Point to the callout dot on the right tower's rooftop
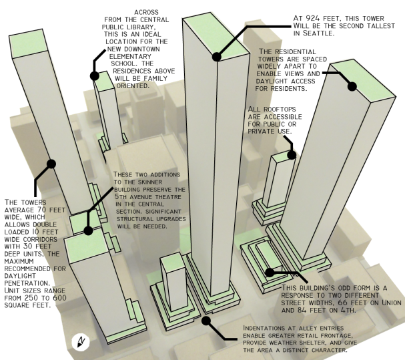[351, 85]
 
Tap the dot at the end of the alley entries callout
[207, 320]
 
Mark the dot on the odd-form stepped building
[270, 273]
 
